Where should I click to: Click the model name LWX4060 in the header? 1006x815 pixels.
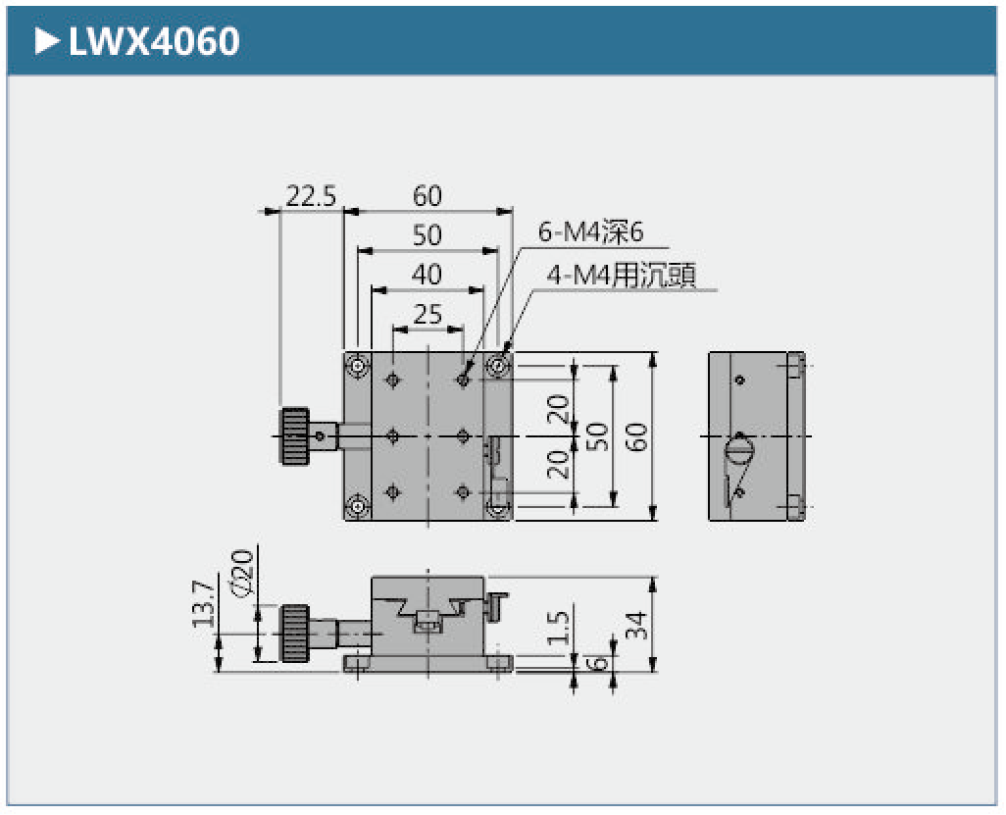tap(154, 41)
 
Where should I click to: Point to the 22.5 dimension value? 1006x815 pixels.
tap(311, 196)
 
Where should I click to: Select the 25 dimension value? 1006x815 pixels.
tap(428, 314)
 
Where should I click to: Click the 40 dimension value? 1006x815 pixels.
tap(428, 275)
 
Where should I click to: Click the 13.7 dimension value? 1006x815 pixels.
tap(203, 604)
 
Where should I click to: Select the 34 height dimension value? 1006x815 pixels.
tap(636, 624)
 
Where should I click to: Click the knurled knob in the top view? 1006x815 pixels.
tap(291, 435)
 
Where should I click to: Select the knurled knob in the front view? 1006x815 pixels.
tap(292, 635)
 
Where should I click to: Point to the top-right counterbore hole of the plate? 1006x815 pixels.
tap(499, 367)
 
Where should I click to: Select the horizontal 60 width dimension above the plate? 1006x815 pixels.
tap(428, 196)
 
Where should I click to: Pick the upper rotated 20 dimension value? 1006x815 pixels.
tap(558, 407)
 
